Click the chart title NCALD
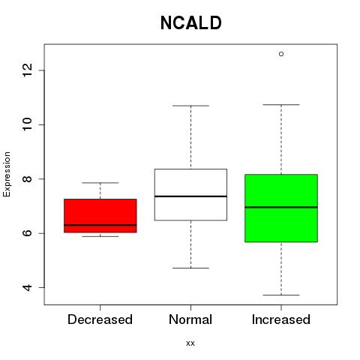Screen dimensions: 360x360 point(190,23)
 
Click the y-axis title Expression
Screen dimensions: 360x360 point(7,174)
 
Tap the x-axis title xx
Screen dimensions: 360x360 point(190,343)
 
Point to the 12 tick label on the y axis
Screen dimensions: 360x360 point(27,70)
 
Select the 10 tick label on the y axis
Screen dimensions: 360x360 point(27,124)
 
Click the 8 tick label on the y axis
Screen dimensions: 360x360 point(27,178)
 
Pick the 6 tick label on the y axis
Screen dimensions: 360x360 point(27,233)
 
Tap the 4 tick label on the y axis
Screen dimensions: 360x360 point(27,287)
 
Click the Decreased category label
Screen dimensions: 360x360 point(100,319)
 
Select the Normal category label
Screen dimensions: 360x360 point(190,319)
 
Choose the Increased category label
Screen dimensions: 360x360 point(281,319)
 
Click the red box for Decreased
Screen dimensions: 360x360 point(100,216)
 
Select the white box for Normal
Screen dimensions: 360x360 point(190,195)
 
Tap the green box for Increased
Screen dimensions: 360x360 point(281,208)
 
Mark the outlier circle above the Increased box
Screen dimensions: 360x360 point(281,54)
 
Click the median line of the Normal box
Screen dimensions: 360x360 point(190,196)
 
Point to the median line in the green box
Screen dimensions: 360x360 point(281,207)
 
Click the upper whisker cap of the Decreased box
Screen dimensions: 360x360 point(100,183)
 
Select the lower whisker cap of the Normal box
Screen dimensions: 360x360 point(190,268)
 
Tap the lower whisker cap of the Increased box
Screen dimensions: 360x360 point(281,295)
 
